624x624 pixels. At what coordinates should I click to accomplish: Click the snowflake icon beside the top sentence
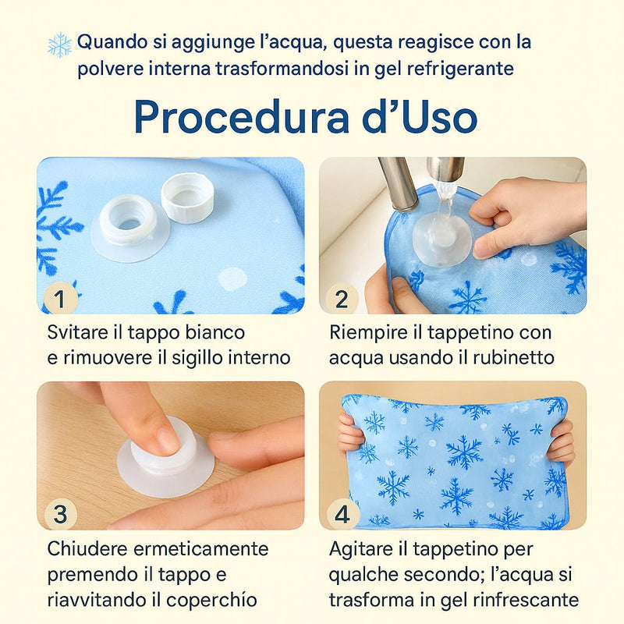pyautogui.click(x=59, y=44)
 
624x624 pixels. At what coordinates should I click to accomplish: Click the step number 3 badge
pyautogui.click(x=62, y=514)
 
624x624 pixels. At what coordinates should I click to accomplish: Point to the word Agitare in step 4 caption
pyautogui.click(x=360, y=550)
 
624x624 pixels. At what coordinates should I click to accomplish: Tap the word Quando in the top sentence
pyautogui.click(x=109, y=41)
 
